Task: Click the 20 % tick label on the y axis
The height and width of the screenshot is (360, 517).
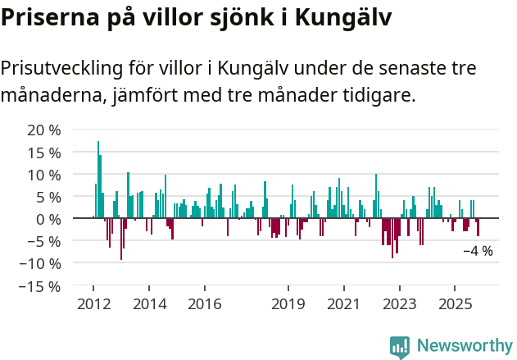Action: (x=44, y=130)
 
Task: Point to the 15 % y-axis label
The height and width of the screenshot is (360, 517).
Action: (x=44, y=153)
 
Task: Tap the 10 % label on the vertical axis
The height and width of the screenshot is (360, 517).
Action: (x=44, y=175)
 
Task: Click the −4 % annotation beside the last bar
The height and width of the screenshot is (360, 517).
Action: (x=478, y=251)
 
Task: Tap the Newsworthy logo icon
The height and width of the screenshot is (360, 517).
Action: (x=400, y=347)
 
